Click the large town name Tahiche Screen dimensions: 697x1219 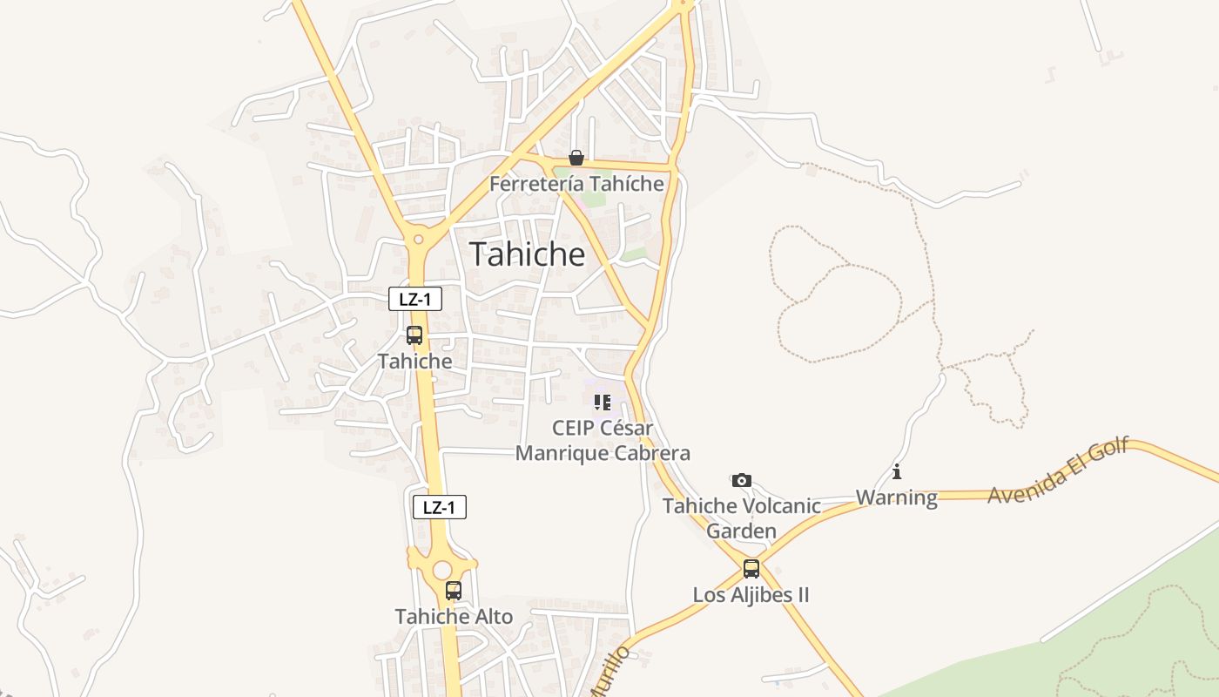(x=528, y=254)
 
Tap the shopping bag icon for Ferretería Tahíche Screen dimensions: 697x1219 (x=576, y=158)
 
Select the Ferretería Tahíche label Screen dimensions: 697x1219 (x=576, y=184)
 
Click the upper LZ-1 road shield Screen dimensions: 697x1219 (x=415, y=300)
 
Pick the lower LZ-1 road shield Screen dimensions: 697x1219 (x=439, y=507)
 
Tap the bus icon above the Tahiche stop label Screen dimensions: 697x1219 (x=414, y=335)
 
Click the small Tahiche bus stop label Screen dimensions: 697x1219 (x=414, y=361)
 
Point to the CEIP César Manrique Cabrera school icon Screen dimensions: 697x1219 (x=602, y=403)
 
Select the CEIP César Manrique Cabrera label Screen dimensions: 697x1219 (x=603, y=441)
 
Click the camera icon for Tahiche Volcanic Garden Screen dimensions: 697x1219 (x=741, y=480)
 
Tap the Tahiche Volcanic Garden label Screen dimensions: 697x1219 (x=742, y=518)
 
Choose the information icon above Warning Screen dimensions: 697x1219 (x=897, y=472)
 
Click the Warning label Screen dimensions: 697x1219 (x=897, y=497)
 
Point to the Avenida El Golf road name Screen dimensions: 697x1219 (x=1058, y=470)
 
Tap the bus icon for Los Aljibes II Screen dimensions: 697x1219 (x=751, y=569)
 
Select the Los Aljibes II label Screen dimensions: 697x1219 (x=751, y=595)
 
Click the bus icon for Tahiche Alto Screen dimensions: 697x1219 (x=453, y=591)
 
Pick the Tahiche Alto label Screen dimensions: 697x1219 (x=454, y=616)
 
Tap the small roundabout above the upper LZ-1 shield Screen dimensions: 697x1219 (x=419, y=238)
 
